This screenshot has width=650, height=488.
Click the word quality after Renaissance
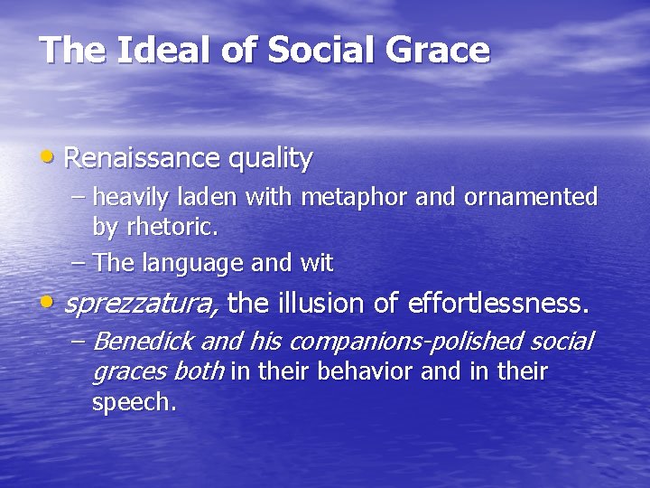pos(270,160)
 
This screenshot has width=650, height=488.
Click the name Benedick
pos(143,342)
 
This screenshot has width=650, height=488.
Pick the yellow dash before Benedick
pos(79,340)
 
